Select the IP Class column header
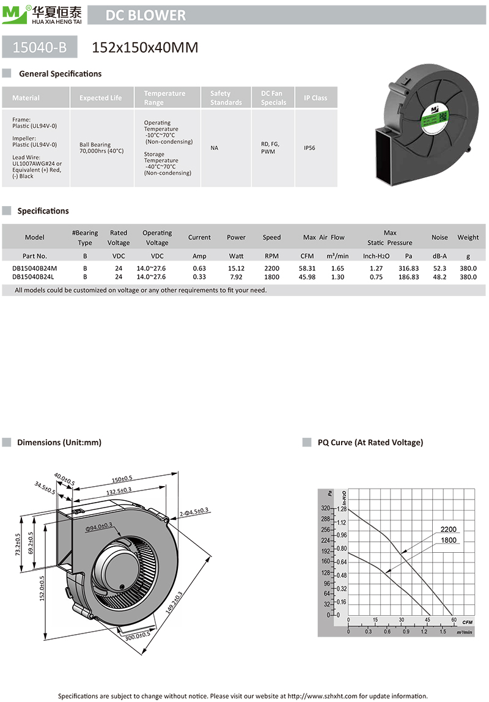315,98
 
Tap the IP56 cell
311,148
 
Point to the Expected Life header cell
100,98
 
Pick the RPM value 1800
271,277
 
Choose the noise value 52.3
439,268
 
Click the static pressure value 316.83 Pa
408,268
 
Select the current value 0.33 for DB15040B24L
199,277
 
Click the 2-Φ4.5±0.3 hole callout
194,510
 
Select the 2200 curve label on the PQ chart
448,530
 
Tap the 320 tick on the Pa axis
325,509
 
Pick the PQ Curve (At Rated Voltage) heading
370,442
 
